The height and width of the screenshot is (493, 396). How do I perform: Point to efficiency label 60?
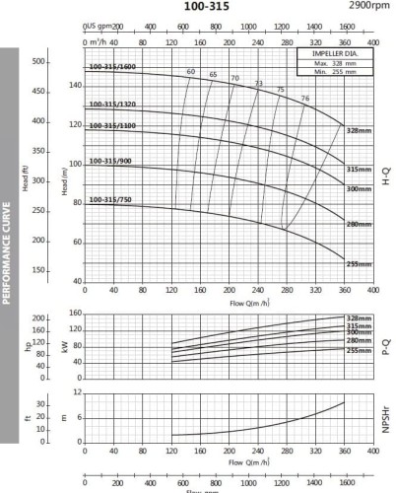(190, 72)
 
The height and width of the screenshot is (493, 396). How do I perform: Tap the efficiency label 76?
(305, 99)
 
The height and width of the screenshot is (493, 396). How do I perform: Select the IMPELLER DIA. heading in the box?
(332, 55)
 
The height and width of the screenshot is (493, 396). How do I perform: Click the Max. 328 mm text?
(332, 64)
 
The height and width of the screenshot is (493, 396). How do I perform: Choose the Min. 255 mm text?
(332, 73)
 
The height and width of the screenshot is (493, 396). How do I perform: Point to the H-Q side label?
(386, 178)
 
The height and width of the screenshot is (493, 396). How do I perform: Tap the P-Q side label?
(386, 346)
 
